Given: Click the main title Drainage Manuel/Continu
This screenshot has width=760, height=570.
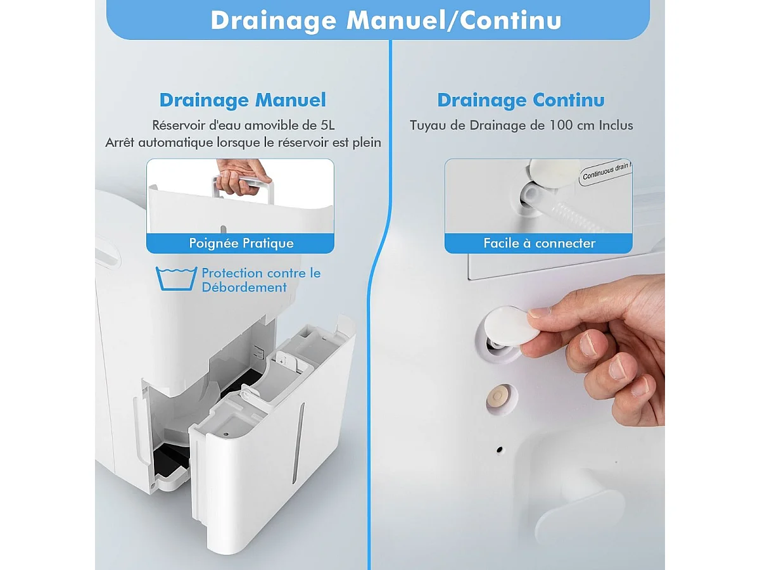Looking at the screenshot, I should click(x=386, y=20).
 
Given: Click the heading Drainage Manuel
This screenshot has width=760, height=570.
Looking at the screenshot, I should click(x=243, y=100).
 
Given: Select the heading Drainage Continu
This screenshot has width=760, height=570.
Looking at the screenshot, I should click(x=521, y=100).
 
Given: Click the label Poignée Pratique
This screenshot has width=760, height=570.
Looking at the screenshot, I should click(x=241, y=243).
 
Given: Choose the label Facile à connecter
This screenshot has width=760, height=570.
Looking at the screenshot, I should click(x=539, y=243).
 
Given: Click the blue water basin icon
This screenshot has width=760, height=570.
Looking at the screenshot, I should click(x=176, y=279).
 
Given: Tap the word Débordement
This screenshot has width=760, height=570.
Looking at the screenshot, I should click(x=244, y=288).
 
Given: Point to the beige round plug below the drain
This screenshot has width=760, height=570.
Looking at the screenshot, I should click(x=501, y=398).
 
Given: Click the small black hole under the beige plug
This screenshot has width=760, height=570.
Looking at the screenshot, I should click(x=499, y=450).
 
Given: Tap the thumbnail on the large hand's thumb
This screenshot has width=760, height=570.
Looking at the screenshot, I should click(x=540, y=312).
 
